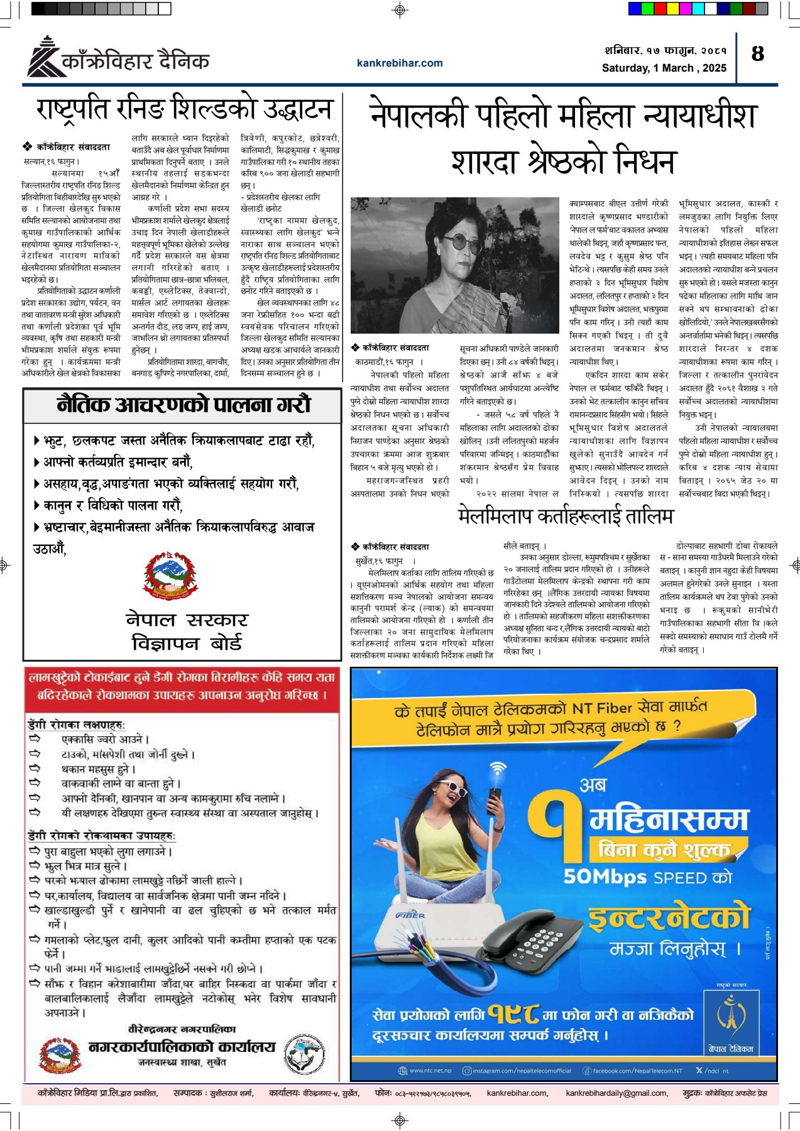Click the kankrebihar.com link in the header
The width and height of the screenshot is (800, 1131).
pyautogui.click(x=400, y=63)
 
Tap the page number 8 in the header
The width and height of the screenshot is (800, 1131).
pyautogui.click(x=758, y=54)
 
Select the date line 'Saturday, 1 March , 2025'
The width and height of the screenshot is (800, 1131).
pyautogui.click(x=664, y=68)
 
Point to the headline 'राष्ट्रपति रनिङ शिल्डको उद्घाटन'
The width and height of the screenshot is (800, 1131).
pyautogui.click(x=184, y=109)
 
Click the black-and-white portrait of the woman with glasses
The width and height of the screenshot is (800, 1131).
pyautogui.click(x=454, y=265)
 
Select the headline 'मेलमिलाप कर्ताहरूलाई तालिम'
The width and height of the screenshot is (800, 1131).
pyautogui.click(x=566, y=516)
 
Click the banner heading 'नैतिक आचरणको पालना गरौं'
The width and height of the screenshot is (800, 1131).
pyautogui.click(x=183, y=405)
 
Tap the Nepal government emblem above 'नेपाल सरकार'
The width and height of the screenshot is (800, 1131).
pyautogui.click(x=171, y=575)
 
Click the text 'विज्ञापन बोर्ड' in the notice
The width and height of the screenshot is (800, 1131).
pyautogui.click(x=187, y=643)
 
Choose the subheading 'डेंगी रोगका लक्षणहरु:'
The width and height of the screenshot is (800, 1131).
pyautogui.click(x=77, y=724)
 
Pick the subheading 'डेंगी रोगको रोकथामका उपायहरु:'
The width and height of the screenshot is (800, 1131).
pyautogui.click(x=102, y=836)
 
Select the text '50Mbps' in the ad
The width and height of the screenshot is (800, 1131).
pyautogui.click(x=605, y=877)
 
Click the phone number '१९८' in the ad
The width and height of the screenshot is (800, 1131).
pyautogui.click(x=513, y=1014)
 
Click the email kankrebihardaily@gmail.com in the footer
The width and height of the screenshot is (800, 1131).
pyautogui.click(x=616, y=1093)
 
